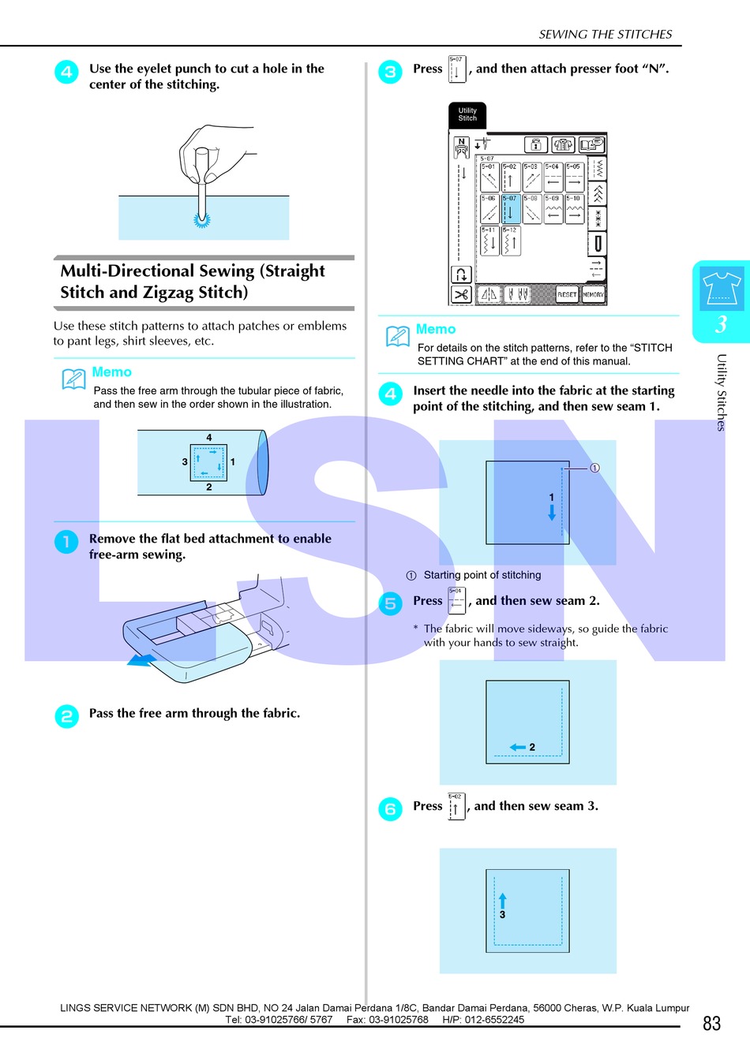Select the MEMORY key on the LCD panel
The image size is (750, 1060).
pyautogui.click(x=593, y=294)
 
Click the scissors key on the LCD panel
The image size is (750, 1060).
pyautogui.click(x=461, y=294)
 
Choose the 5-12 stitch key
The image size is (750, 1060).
pyautogui.click(x=511, y=241)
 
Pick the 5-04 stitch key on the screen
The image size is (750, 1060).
pyautogui.click(x=553, y=177)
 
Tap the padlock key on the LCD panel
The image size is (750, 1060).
pyautogui.click(x=536, y=144)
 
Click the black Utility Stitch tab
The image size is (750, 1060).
pyautogui.click(x=467, y=115)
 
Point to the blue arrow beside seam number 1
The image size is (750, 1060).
pyautogui.click(x=552, y=512)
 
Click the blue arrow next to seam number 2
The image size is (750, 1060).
pyautogui.click(x=518, y=747)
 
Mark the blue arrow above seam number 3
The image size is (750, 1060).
pyautogui.click(x=503, y=900)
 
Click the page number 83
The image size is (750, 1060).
pyautogui.click(x=711, y=1024)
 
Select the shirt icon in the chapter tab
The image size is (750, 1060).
pyautogui.click(x=721, y=288)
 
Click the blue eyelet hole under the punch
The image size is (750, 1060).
pyautogui.click(x=202, y=221)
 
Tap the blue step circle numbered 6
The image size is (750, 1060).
pyautogui.click(x=390, y=809)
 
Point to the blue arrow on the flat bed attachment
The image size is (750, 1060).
pyautogui.click(x=141, y=660)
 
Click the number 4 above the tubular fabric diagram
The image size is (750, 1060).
pyautogui.click(x=209, y=438)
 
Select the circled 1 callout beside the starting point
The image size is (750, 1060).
pyautogui.click(x=594, y=468)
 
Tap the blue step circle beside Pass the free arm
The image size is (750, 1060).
pyautogui.click(x=66, y=716)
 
